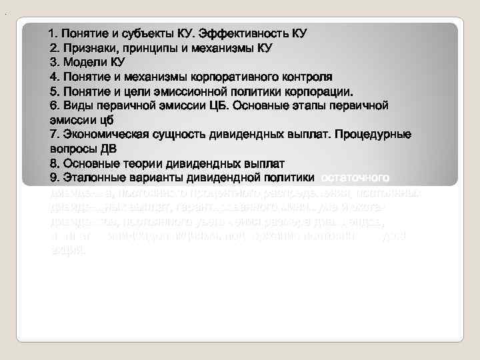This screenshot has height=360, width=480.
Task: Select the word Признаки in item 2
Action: (x=87, y=48)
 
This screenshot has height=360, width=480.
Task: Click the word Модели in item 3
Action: (x=83, y=63)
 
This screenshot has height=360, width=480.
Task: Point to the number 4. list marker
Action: (x=55, y=77)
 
